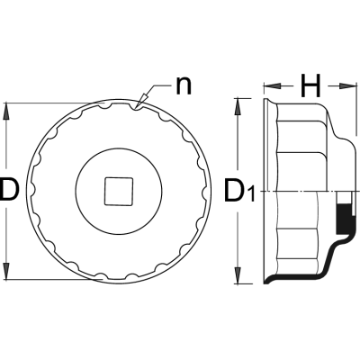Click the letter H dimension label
(x=310, y=86)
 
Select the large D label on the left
(x=9, y=189)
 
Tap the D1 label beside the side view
(x=239, y=192)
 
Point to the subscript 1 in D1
(x=251, y=194)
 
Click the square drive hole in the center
(x=119, y=192)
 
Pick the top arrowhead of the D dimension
(x=6, y=111)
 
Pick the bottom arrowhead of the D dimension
(x=6, y=272)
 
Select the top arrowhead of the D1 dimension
(x=238, y=106)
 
